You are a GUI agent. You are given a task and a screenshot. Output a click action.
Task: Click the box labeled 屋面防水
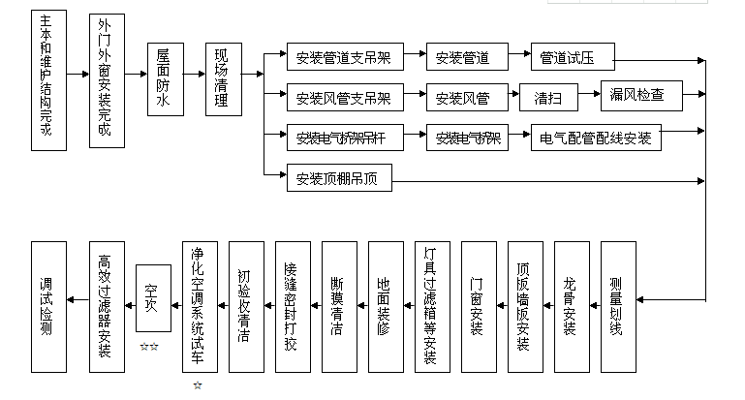pos(165,80)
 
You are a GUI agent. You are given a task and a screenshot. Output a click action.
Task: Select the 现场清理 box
pos(223,80)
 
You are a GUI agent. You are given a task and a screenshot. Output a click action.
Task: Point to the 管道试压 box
pos(574,58)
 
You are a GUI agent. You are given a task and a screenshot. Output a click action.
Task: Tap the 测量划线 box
pos(617,305)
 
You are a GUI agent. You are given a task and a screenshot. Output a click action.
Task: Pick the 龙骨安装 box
pos(571,305)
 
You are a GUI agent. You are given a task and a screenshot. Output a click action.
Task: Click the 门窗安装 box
pos(478,305)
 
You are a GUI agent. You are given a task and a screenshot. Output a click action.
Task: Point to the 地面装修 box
pos(385,305)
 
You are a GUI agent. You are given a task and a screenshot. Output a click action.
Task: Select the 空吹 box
pos(152,301)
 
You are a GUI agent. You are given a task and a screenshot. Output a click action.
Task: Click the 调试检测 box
pos(48,305)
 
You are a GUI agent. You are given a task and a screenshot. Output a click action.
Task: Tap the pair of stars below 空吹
pos(149,346)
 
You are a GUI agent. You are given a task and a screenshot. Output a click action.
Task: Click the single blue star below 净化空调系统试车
pos(199,385)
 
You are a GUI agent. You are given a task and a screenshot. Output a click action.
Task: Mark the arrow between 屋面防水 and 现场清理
pos(194,75)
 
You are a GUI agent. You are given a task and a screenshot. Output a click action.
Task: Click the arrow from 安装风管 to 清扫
pos(508,98)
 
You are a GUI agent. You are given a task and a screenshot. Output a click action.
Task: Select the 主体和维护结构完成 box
pos(48,81)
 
